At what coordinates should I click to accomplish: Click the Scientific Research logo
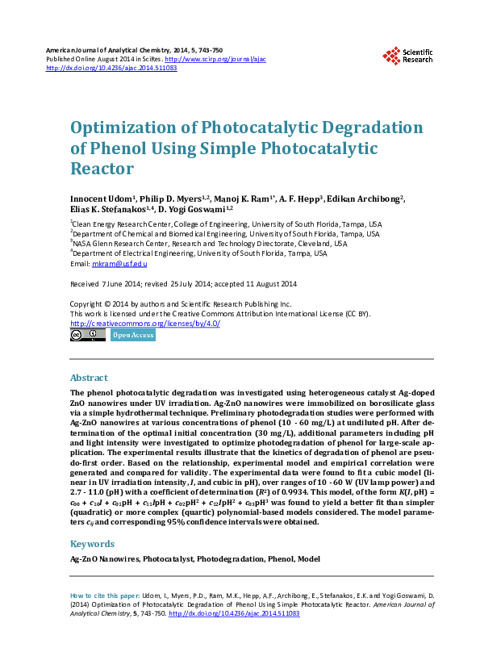pyautogui.click(x=407, y=56)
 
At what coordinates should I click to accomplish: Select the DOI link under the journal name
pyautogui.click(x=112, y=69)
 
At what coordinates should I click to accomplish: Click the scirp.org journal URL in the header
pyautogui.click(x=215, y=60)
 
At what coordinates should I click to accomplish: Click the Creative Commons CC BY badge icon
pyautogui.click(x=88, y=335)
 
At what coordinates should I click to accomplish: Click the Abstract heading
pyautogui.click(x=90, y=378)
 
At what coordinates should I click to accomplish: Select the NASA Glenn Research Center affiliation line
pyautogui.click(x=210, y=243)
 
